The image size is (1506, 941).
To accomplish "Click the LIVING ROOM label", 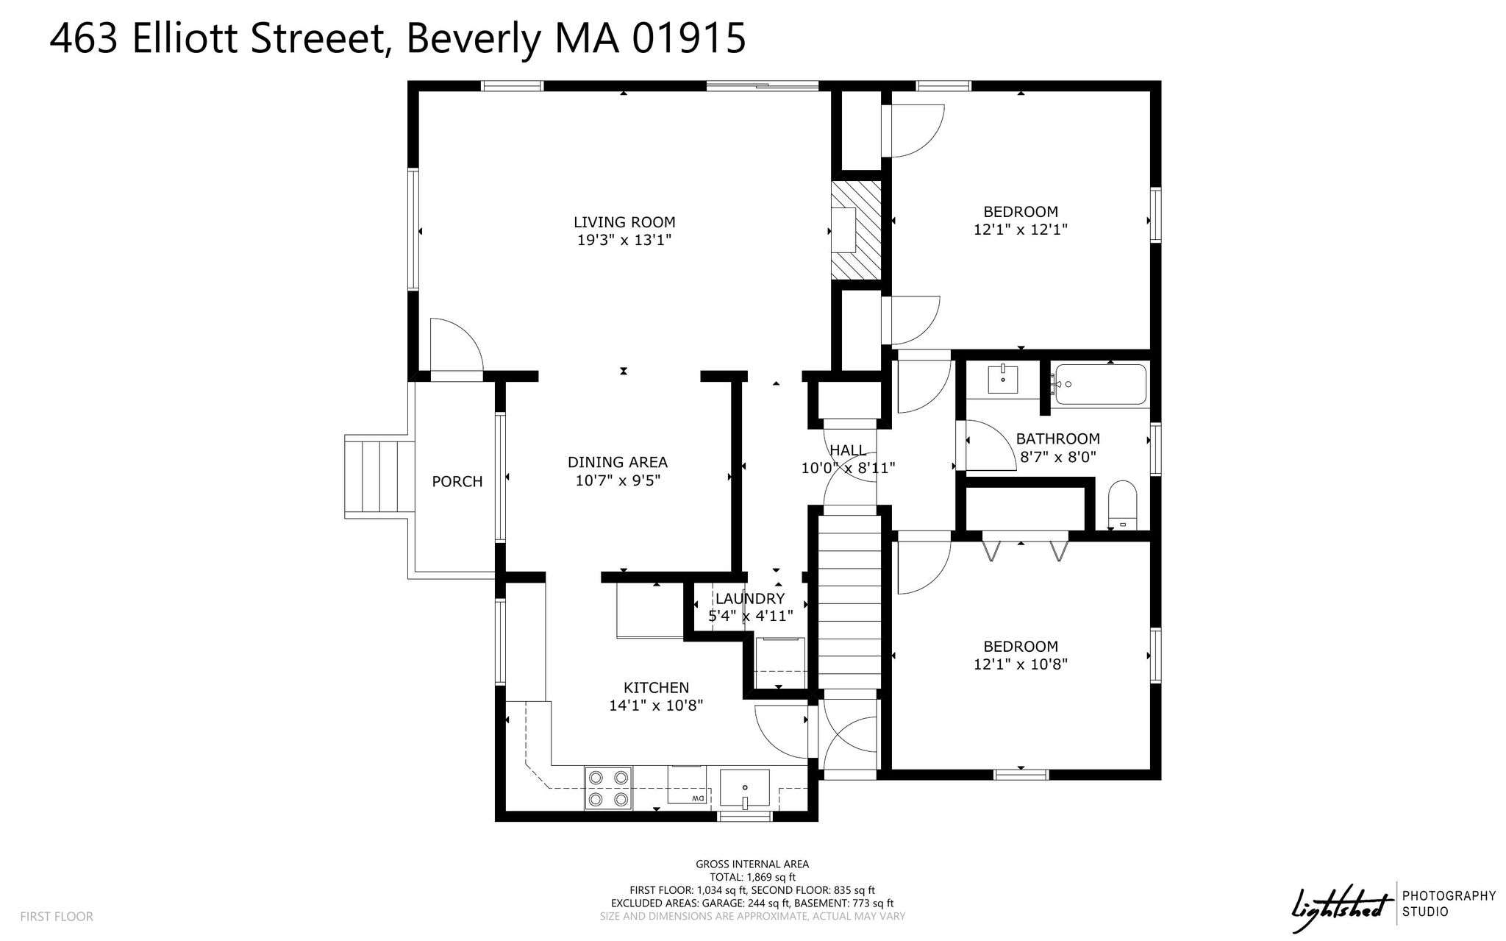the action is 624,222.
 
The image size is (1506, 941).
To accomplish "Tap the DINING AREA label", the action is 618,462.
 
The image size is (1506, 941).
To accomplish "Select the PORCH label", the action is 457,481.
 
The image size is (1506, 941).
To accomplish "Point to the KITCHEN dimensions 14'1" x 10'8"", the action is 657,706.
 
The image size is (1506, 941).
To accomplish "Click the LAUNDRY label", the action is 750,598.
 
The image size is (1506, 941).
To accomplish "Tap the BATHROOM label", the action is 1058,438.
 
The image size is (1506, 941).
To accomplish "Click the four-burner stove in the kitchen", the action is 608,788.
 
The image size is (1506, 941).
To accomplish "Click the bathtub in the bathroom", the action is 1099,384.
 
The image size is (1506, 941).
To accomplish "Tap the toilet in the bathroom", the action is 1122,505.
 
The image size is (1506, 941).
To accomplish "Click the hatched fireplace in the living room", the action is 856,230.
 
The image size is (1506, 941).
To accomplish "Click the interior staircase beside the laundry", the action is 850,601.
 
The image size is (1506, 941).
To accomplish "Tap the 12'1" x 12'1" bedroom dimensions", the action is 1021,230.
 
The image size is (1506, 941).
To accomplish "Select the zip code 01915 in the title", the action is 690,38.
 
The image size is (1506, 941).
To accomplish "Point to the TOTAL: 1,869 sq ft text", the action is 752,877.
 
